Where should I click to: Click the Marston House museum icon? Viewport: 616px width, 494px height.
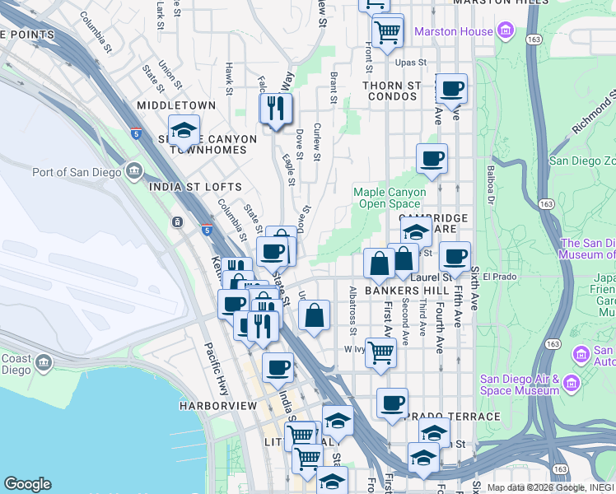point(506,32)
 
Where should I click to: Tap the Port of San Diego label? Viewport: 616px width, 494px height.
point(77,172)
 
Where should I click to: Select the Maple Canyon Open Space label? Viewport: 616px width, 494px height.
point(390,198)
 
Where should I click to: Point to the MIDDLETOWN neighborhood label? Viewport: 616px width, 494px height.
point(176,105)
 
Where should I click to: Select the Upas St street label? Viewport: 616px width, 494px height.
point(409,63)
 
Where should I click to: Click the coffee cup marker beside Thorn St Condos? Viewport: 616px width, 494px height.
point(451,89)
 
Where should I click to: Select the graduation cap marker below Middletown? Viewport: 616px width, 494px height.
point(184,130)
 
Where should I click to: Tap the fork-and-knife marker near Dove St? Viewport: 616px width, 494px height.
point(275,108)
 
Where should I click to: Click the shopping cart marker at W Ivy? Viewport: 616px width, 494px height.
point(380,352)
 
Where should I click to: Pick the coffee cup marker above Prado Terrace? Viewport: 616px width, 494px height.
point(392,403)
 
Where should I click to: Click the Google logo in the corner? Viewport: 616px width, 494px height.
point(27,484)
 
